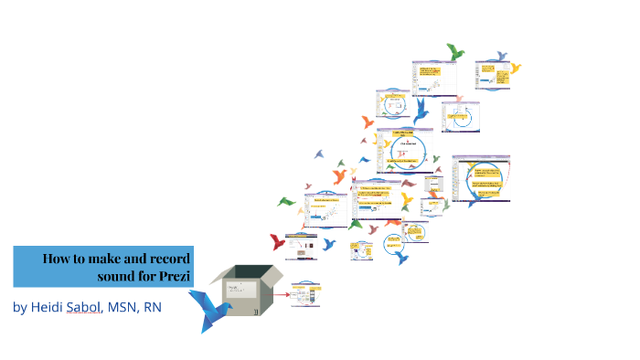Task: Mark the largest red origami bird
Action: click(x=278, y=242)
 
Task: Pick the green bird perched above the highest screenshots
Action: click(x=454, y=52)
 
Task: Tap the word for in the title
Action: click(x=149, y=275)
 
